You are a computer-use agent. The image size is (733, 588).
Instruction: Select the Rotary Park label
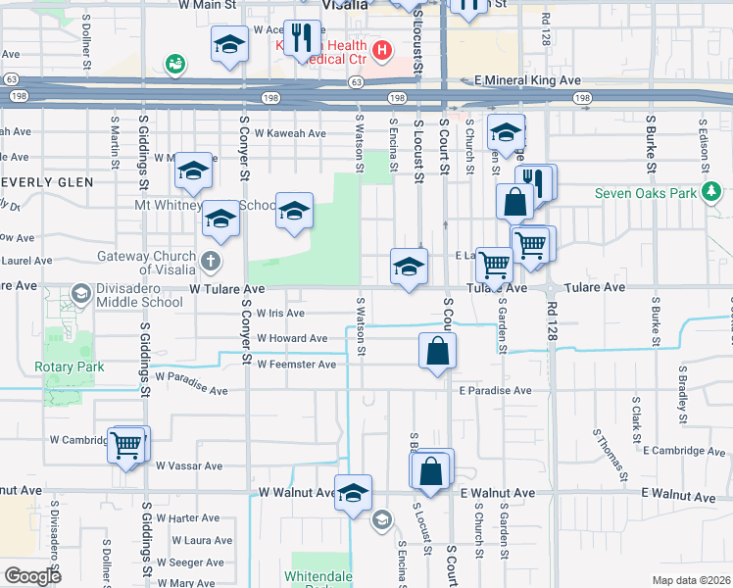(x=68, y=367)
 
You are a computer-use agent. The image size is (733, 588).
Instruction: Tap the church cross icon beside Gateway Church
(x=211, y=262)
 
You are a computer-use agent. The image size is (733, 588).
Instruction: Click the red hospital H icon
(x=384, y=48)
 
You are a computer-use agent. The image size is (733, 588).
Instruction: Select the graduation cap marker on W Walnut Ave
(x=353, y=493)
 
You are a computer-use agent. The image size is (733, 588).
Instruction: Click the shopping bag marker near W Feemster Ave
(x=437, y=350)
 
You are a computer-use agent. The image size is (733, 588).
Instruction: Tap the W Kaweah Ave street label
(x=289, y=133)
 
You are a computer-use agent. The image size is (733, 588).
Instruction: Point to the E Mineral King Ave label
(x=527, y=79)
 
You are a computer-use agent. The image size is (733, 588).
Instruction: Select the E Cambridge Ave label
(x=685, y=450)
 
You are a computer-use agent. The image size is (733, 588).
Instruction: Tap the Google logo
(x=32, y=575)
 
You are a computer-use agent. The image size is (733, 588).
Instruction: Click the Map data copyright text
(x=690, y=580)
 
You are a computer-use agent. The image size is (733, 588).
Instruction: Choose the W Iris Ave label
(x=280, y=314)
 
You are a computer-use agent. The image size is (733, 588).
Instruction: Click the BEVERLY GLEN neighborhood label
(x=47, y=182)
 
